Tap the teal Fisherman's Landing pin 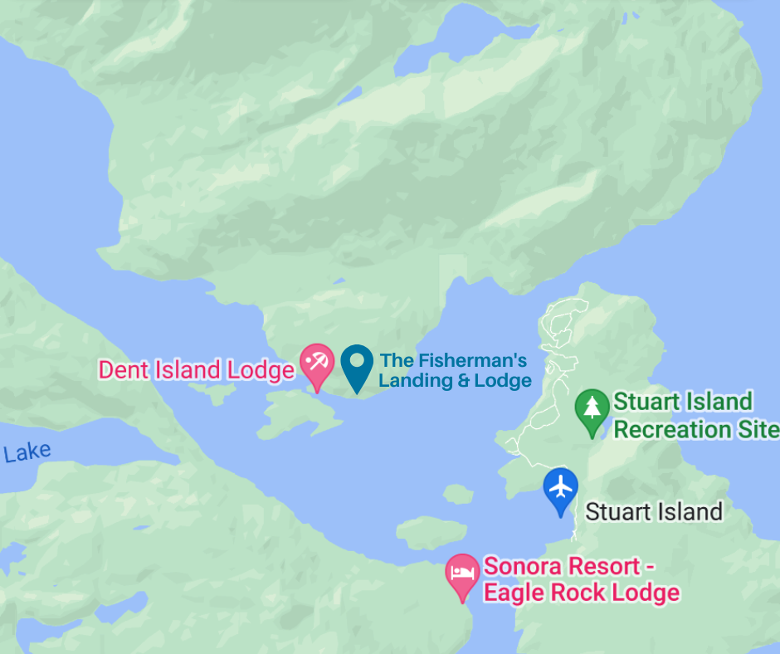357,364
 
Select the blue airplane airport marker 561,486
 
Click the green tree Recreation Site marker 591,408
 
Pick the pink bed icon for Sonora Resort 462,573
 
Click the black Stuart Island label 654,511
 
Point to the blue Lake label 27,453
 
